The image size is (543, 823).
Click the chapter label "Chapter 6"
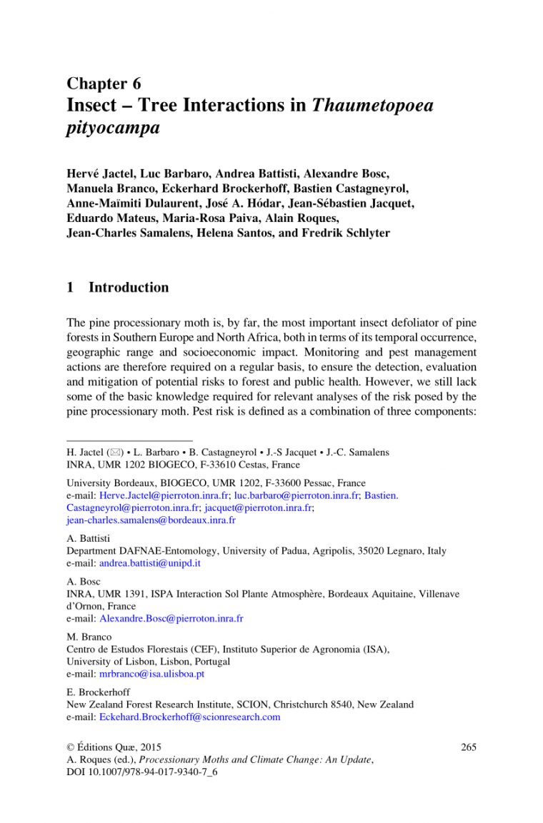pyautogui.click(x=104, y=84)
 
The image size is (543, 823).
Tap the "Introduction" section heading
pyautogui.click(x=129, y=288)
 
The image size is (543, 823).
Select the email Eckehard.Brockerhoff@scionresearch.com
pyautogui.click(x=189, y=717)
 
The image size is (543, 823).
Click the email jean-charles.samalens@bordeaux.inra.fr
pyautogui.click(x=151, y=520)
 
